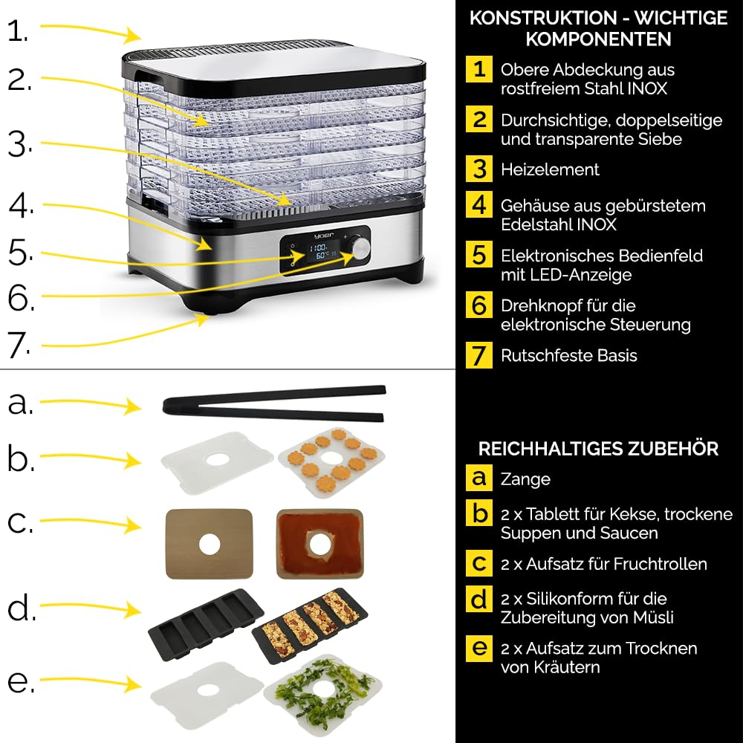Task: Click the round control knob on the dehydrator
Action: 361,249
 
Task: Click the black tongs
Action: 274,403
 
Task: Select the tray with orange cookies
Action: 331,462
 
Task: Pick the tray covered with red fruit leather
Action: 319,544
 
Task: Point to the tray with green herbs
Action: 323,692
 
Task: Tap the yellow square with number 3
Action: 478,169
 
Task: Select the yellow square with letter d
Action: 478,599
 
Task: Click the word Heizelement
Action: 550,169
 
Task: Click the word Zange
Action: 525,479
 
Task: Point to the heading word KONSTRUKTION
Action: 543,18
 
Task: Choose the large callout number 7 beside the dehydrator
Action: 19,345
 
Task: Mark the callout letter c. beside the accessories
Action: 20,522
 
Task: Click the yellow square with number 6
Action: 478,305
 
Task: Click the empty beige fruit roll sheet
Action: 209,544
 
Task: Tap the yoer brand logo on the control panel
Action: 324,236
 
